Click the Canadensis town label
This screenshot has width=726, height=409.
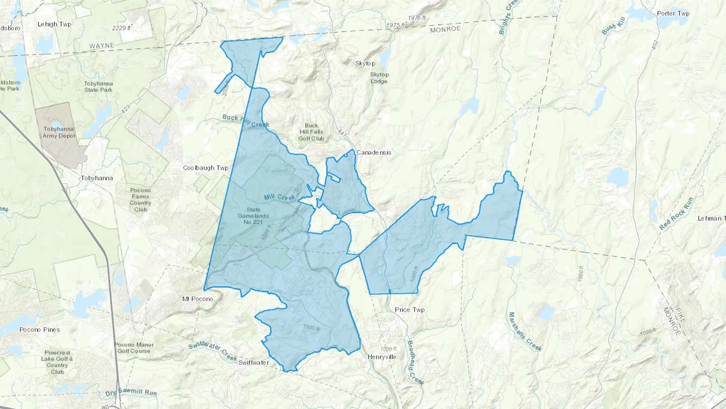click(373, 153)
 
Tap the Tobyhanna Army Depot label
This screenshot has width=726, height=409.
click(59, 132)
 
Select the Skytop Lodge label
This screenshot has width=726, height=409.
click(379, 78)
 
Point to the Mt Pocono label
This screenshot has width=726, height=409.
click(198, 299)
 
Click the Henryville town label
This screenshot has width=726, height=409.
click(382, 357)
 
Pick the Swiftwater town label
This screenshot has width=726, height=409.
click(253, 363)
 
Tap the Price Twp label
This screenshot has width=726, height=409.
click(409, 310)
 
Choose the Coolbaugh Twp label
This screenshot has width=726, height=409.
click(206, 168)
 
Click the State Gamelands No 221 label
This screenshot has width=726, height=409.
click(253, 216)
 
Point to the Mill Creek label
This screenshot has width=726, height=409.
click(280, 197)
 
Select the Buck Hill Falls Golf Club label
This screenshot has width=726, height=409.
click(311, 132)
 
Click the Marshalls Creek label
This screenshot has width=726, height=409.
click(525, 331)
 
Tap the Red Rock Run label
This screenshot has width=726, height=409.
click(676, 214)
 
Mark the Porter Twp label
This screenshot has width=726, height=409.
click(673, 13)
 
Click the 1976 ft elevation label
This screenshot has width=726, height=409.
click(417, 18)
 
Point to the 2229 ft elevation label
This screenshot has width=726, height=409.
click(121, 28)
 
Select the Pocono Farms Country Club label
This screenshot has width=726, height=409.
click(140, 200)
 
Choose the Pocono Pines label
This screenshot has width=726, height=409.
click(40, 329)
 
